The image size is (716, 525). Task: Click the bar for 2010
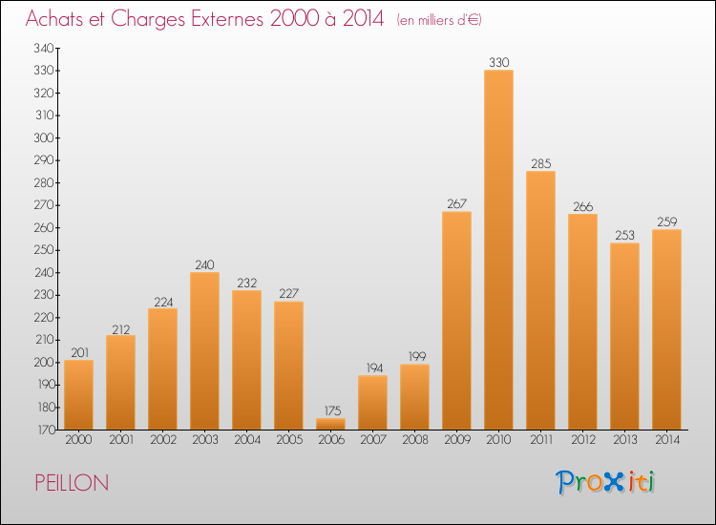498,250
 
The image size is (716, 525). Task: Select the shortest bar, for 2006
330,423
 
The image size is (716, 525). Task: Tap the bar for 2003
204,351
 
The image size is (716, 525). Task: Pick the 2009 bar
456,321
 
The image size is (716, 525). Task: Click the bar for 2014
666,329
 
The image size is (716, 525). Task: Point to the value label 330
498,62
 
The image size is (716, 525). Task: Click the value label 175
330,410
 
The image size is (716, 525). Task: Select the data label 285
540,163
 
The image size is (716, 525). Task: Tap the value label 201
78,352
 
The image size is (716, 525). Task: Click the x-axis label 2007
372,440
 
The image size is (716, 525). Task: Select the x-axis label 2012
582,440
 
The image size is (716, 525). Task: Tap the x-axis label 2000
78,440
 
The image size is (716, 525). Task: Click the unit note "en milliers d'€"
439,20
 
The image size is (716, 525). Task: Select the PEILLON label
72,483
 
